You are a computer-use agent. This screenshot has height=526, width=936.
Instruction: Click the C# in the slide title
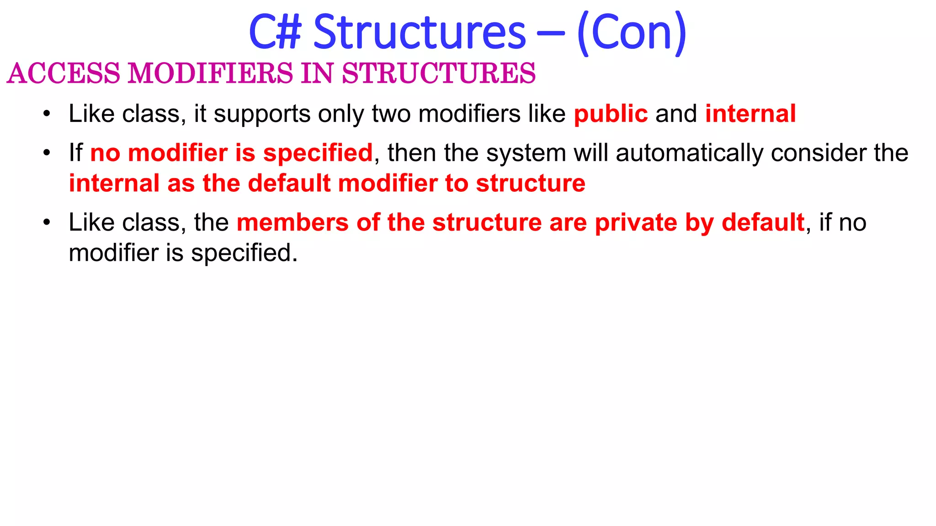click(276, 32)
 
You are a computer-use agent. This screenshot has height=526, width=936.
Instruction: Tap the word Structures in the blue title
click(420, 32)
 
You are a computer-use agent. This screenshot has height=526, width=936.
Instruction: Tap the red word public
click(611, 114)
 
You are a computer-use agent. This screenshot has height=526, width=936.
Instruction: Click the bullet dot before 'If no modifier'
click(47, 153)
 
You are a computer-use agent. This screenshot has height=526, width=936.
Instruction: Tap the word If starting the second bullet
click(75, 153)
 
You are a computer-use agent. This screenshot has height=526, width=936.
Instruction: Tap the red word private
click(636, 223)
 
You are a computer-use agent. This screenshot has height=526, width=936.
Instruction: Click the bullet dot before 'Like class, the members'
click(47, 222)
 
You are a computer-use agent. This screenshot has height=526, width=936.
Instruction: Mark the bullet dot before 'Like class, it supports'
click(47, 114)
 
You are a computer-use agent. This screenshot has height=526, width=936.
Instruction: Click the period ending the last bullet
click(295, 261)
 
